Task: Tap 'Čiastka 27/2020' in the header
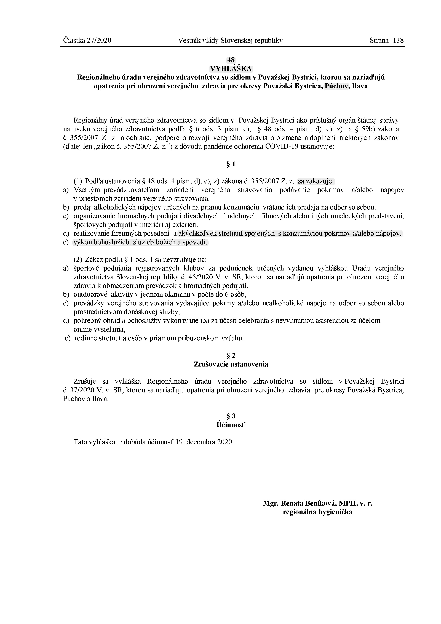point(87,41)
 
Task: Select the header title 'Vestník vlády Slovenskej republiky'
point(230,41)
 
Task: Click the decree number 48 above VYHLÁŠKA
point(231,60)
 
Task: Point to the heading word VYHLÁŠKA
point(231,69)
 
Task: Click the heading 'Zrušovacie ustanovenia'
point(231,364)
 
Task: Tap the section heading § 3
point(231,416)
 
